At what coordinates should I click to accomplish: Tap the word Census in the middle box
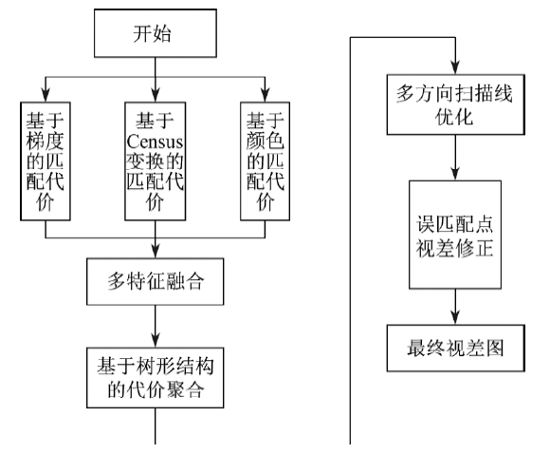pyautogui.click(x=155, y=142)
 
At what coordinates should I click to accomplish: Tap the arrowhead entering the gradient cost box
pyautogui.click(x=46, y=95)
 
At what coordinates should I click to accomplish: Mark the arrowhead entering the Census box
pyautogui.click(x=156, y=95)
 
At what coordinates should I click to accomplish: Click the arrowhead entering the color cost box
pyautogui.click(x=265, y=95)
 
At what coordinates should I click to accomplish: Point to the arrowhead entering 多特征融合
pyautogui.click(x=156, y=251)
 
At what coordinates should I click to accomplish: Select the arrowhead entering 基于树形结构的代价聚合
pyautogui.click(x=156, y=340)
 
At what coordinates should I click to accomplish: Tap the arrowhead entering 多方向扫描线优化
pyautogui.click(x=455, y=66)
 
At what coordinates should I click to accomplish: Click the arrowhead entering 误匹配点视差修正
pyautogui.click(x=455, y=173)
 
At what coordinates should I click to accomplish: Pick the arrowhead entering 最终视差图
pyautogui.click(x=455, y=317)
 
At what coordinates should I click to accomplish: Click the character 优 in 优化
pyautogui.click(x=445, y=116)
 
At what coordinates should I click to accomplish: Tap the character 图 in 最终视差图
pyautogui.click(x=495, y=348)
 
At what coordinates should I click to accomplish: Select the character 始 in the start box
pyautogui.click(x=162, y=34)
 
